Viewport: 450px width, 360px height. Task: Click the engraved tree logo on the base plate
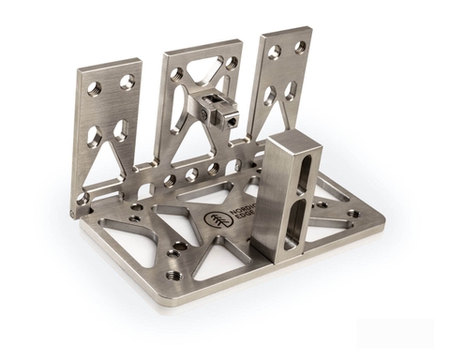[215, 221]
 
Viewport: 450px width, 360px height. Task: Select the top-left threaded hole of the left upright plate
[95, 88]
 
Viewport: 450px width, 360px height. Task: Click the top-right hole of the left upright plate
[127, 82]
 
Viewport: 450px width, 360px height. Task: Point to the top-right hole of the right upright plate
[300, 46]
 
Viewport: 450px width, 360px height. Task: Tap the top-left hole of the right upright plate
[274, 52]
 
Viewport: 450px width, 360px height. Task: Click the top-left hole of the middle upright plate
[176, 73]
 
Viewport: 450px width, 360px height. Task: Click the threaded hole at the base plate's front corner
[173, 276]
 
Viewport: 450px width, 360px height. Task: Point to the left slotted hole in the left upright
[95, 136]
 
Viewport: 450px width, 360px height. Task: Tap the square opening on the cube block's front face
[228, 119]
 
